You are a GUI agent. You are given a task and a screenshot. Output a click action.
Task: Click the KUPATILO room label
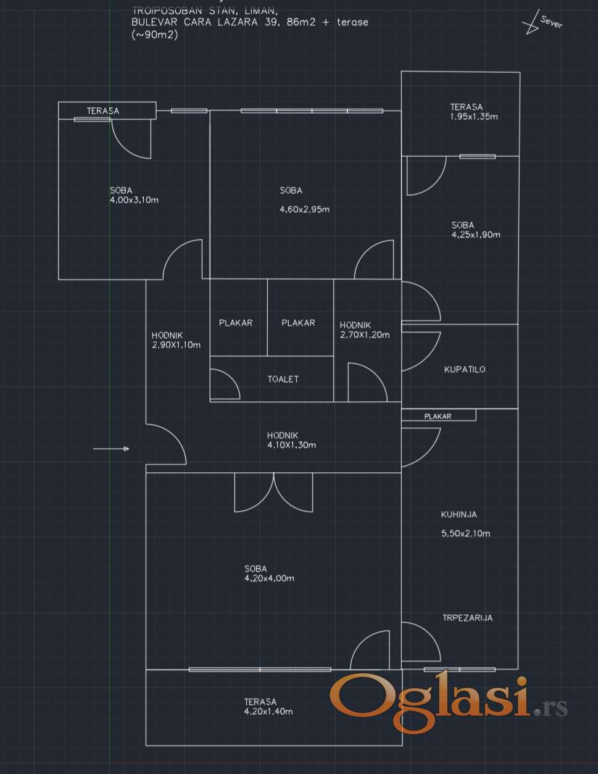coord(465,370)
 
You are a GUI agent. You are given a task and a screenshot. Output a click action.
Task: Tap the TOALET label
coord(283,379)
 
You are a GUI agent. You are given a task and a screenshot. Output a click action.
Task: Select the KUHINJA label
coord(459,514)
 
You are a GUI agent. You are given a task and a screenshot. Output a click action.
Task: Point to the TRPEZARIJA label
coord(467,617)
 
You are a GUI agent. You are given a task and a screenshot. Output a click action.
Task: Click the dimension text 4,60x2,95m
coord(304,209)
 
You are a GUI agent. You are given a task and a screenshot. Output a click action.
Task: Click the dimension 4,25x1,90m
coord(475,235)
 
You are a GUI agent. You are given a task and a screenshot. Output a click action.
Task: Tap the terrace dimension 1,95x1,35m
coord(474,117)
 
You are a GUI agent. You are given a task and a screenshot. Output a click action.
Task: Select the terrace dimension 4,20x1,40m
coord(268,711)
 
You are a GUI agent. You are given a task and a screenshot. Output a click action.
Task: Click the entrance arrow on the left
coord(111,449)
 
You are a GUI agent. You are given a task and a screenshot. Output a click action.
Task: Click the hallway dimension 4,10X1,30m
coord(291,444)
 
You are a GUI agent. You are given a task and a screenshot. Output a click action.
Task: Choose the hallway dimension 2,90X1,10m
coord(176,345)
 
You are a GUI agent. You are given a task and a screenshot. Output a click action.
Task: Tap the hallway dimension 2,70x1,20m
coord(364,335)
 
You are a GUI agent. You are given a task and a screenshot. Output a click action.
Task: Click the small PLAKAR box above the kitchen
coord(438,416)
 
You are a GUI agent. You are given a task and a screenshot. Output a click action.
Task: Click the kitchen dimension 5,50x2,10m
coord(465,533)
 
